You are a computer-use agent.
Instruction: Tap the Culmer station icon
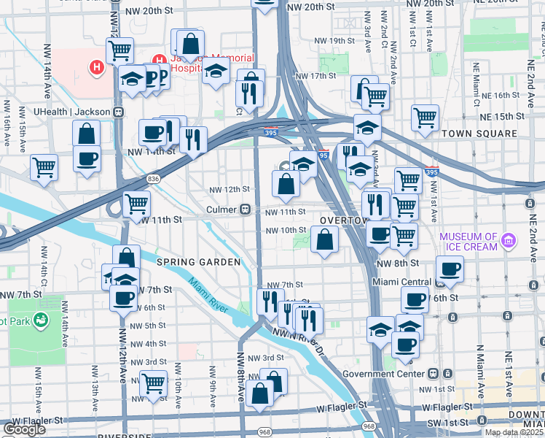[x=246, y=210]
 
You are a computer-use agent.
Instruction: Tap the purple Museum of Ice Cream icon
[x=509, y=239]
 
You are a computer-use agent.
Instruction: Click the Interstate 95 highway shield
[x=324, y=155]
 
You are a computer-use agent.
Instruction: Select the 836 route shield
[x=153, y=178]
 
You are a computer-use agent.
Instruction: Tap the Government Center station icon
[x=433, y=374]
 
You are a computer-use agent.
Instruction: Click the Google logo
[x=24, y=429]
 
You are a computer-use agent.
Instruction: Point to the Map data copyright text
[x=514, y=432]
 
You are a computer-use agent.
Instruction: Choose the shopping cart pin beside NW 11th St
[x=136, y=204]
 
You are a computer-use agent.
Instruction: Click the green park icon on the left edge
[x=40, y=319]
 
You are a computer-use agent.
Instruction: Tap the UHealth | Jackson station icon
[x=118, y=112]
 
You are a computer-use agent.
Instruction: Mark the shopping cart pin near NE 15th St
[x=425, y=117]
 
